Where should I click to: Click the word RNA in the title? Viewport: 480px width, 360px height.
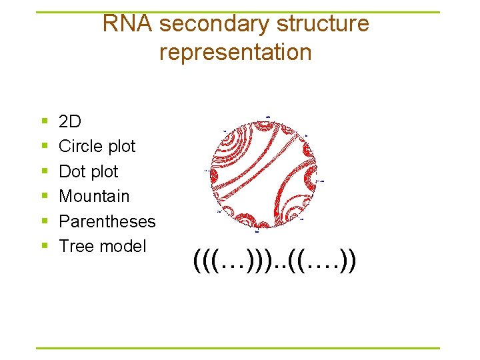pos(129,24)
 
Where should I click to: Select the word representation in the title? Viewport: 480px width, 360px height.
pos(235,52)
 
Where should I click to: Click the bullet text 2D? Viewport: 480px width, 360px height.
pos(70,121)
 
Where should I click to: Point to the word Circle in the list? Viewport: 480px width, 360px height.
pos(79,146)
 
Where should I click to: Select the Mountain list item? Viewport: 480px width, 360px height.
pos(94,196)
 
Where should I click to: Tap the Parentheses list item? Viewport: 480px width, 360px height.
pos(107,221)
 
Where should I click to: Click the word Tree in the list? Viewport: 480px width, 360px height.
pos(74,246)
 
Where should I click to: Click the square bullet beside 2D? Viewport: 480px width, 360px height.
pos(44,122)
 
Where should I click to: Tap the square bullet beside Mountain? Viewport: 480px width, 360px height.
pos(44,197)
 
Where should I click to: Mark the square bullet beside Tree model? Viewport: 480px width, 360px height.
pos(44,247)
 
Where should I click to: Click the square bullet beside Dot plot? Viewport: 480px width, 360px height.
pos(44,172)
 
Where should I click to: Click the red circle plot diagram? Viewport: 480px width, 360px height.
pos(265,174)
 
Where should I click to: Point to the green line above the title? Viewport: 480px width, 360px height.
pos(237,12)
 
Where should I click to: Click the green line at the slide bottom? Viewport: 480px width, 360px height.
pos(237,348)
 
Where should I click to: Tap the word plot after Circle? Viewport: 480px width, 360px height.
pos(120,147)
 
